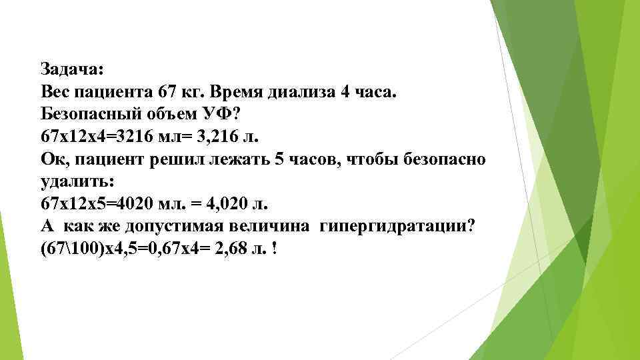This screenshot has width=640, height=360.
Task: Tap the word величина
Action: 273,226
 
